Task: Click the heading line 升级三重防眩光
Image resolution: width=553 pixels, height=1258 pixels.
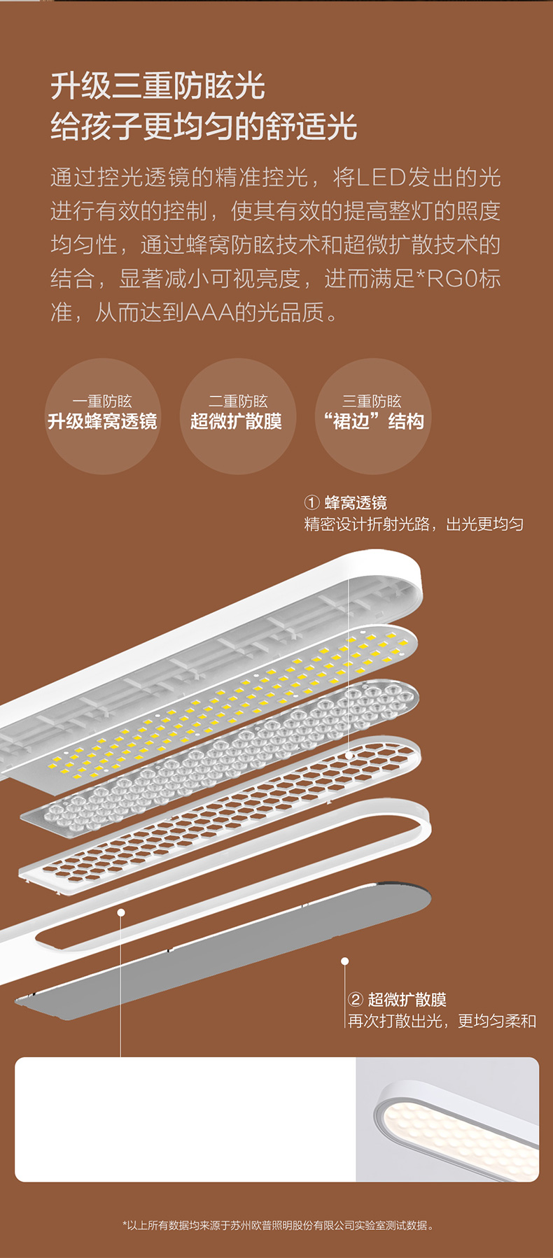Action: [157, 87]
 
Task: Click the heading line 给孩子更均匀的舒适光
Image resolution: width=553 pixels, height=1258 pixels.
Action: [204, 127]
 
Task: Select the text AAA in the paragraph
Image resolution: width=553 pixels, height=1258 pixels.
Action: [209, 312]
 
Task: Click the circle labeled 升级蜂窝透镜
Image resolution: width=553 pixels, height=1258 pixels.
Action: [102, 416]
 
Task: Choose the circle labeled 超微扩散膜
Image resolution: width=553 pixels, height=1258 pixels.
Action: [237, 416]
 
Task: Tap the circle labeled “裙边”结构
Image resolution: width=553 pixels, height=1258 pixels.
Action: [373, 416]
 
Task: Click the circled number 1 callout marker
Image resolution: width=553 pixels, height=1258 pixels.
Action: [311, 502]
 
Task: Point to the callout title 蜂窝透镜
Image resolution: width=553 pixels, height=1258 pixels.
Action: [356, 502]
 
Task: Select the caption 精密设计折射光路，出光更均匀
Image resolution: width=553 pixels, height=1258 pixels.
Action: [414, 524]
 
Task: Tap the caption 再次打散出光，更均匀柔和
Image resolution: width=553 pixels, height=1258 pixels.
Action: [442, 1021]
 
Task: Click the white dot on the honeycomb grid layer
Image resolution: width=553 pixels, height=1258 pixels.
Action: [349, 756]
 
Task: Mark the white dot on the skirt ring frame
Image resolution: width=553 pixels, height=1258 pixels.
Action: [121, 912]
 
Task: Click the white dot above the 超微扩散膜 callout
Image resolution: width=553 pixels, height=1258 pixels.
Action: [344, 961]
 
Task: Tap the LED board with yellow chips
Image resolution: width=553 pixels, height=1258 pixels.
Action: [231, 700]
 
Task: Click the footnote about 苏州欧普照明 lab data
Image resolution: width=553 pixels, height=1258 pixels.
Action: [277, 1225]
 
